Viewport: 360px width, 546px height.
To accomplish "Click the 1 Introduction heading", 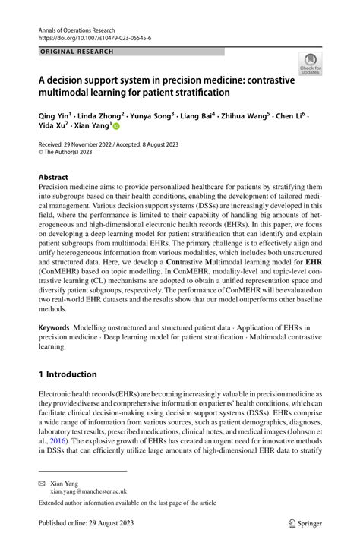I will (x=68, y=374).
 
